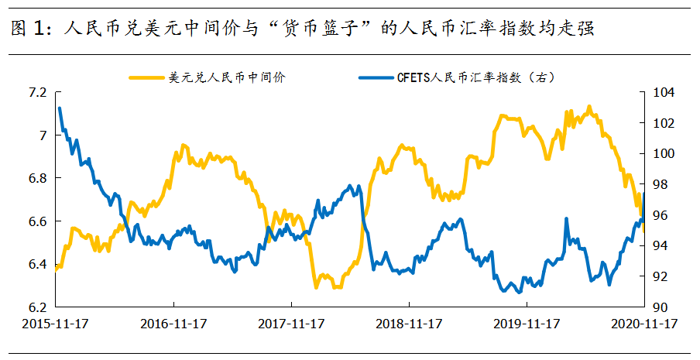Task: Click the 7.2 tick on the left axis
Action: pyautogui.click(x=37, y=93)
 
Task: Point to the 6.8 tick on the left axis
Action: pyautogui.click(x=37, y=179)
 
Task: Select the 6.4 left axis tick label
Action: pyautogui.click(x=37, y=265)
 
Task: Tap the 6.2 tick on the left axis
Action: pyautogui.click(x=37, y=307)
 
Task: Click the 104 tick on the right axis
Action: pyautogui.click(x=664, y=93)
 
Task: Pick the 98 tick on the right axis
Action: pyautogui.click(x=661, y=185)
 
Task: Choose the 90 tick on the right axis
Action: pyautogui.click(x=661, y=307)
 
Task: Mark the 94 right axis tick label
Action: pyautogui.click(x=661, y=246)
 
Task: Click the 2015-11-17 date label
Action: pyautogui.click(x=55, y=324)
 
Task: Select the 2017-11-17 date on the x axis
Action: pyautogui.click(x=292, y=324)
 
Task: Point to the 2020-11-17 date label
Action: pyautogui.click(x=644, y=324)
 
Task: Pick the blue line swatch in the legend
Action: pyautogui.click(x=376, y=77)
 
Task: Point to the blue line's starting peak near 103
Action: pyautogui.click(x=60, y=109)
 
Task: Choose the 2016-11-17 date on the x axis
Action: pyautogui.click(x=173, y=324)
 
